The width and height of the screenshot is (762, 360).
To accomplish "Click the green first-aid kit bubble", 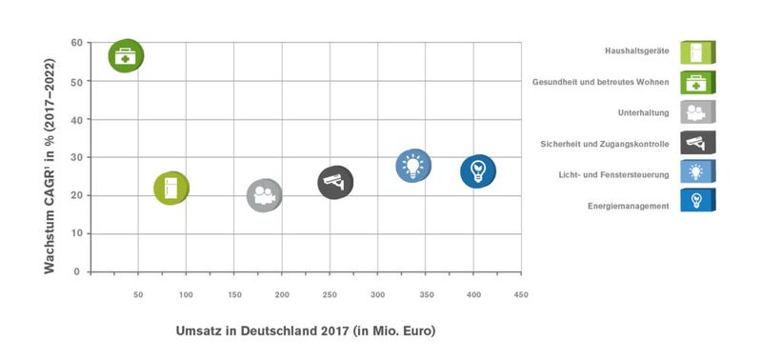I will click(125, 57).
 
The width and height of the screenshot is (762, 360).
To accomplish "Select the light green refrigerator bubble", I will click(171, 189).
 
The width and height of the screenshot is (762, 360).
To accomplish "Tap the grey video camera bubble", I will click(265, 195).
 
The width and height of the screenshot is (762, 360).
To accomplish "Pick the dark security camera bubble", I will click(335, 181).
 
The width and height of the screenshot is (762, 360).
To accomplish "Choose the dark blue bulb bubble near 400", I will click(478, 170).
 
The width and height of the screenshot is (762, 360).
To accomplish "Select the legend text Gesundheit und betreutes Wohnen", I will click(600, 82).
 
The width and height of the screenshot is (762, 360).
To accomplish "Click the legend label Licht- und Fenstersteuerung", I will click(612, 174).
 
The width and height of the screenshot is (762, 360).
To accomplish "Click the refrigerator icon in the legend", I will click(697, 51).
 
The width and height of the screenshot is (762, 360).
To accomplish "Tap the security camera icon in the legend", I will click(697, 143).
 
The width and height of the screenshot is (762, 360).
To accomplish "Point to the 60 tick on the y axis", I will click(74, 43).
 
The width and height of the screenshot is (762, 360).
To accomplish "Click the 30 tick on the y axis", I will click(74, 157).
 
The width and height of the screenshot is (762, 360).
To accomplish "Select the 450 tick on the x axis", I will click(521, 295).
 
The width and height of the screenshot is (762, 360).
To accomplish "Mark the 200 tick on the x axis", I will click(282, 295).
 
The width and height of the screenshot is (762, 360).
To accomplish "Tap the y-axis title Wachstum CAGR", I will click(49, 157).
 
